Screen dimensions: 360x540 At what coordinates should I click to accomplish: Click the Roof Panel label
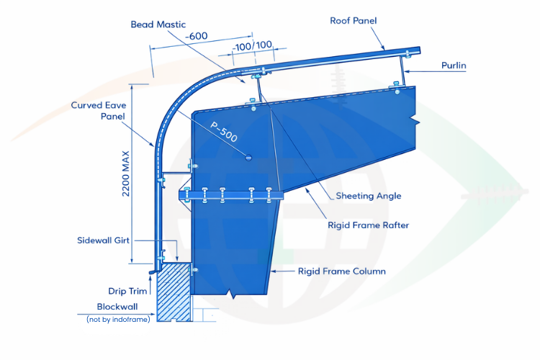pyautogui.click(x=353, y=21)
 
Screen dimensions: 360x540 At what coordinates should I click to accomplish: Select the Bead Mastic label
pyautogui.click(x=158, y=24)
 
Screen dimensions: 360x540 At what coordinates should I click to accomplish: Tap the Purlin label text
pyautogui.click(x=454, y=66)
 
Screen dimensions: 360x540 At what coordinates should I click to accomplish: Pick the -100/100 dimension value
pyautogui.click(x=253, y=45)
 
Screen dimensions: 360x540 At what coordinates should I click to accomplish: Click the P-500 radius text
pyautogui.click(x=225, y=135)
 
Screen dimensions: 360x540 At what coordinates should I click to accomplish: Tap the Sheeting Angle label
pyautogui.click(x=369, y=196)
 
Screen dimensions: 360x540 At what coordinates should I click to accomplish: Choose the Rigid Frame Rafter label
pyautogui.click(x=368, y=225)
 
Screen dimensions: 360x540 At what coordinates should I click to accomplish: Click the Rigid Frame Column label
pyautogui.click(x=342, y=271)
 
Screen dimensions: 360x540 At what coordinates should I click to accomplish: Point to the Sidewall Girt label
pyautogui.click(x=104, y=240)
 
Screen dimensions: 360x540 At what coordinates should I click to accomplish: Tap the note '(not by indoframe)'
pyautogui.click(x=118, y=319)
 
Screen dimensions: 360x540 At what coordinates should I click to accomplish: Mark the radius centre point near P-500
pyautogui.click(x=248, y=158)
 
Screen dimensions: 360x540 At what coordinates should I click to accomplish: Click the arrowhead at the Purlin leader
pyautogui.click(x=405, y=71)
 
